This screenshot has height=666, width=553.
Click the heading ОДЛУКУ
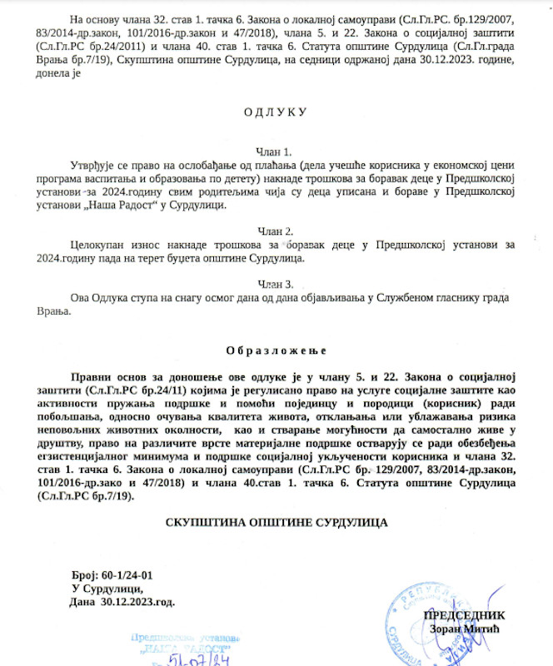(275, 112)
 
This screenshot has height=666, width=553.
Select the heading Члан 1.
(275, 152)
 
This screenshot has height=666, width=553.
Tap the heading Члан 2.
(275, 231)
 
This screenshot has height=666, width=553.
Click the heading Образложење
(275, 350)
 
